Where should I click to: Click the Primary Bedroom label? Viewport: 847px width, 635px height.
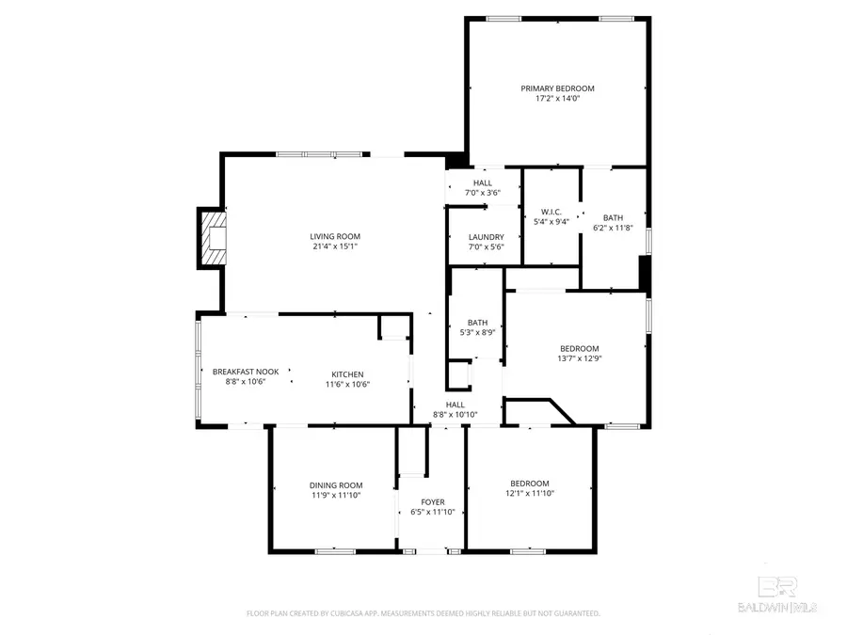[557, 88]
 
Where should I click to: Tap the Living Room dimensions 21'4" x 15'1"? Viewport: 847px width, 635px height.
[335, 246]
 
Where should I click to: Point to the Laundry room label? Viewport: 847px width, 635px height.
[486, 237]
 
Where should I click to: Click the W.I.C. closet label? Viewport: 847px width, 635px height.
[551, 211]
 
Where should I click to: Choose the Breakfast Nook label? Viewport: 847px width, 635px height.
[246, 373]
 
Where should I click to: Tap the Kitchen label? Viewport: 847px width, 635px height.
[347, 374]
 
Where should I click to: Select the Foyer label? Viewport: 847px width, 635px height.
[433, 502]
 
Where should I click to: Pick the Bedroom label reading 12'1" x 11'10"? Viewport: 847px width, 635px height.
[530, 484]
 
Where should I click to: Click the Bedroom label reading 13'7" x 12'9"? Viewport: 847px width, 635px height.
[579, 348]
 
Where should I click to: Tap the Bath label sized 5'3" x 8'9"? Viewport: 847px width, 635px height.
[477, 323]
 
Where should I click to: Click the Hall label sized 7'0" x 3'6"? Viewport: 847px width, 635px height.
[482, 183]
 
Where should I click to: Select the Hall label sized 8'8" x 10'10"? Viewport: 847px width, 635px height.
[455, 405]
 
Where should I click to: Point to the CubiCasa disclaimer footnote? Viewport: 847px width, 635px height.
[423, 613]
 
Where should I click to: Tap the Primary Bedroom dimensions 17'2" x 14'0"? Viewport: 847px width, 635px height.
[557, 99]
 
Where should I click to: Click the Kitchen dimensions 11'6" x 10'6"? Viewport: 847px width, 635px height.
[347, 384]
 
